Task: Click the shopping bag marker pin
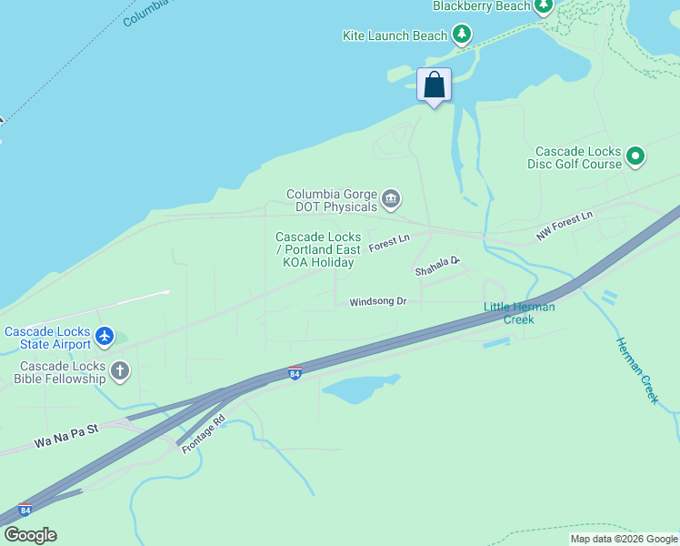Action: [x=435, y=86]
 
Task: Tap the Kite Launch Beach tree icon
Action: [x=463, y=35]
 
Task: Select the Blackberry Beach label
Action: [x=481, y=6]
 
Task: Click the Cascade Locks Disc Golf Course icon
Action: [x=636, y=157]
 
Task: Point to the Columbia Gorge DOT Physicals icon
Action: [x=392, y=199]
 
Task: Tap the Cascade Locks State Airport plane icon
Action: [x=105, y=337]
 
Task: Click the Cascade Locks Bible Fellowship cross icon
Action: [x=120, y=370]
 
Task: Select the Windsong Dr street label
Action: [x=377, y=301]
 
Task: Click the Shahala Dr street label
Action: [x=437, y=266]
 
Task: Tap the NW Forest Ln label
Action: [x=564, y=227]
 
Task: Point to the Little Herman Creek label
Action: [x=519, y=313]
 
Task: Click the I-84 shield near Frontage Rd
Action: [x=295, y=374]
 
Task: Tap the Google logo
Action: [x=30, y=535]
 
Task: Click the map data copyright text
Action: [x=624, y=540]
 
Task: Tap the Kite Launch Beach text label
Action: [x=395, y=35]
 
